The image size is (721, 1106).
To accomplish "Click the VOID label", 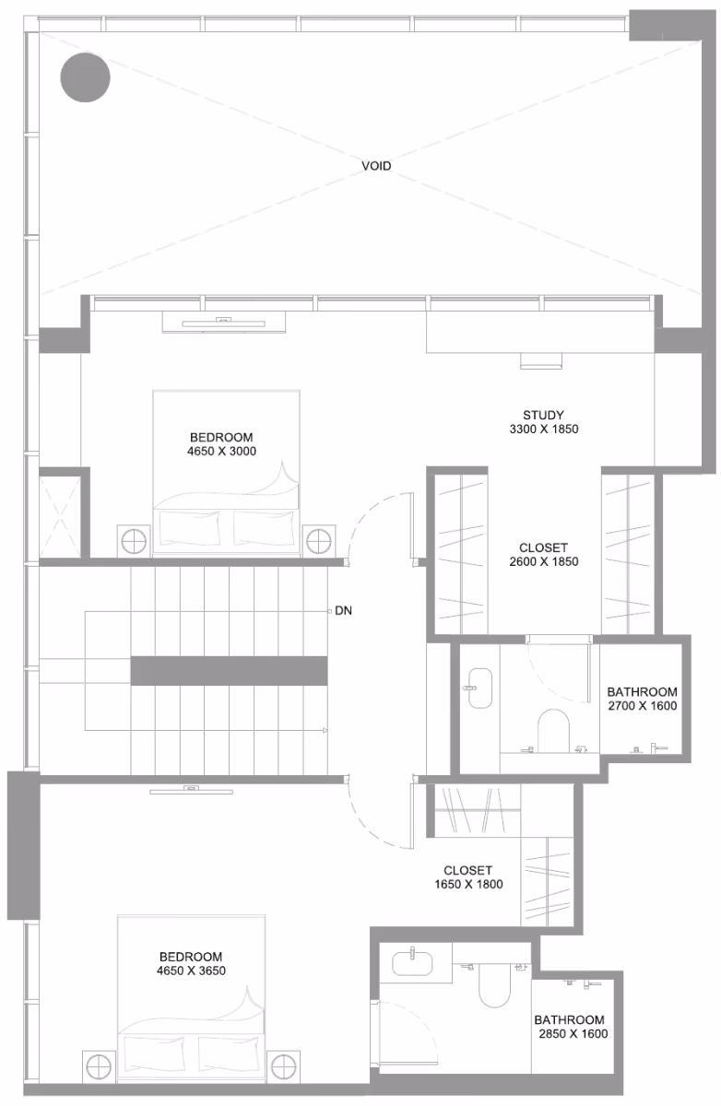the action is click(x=376, y=166).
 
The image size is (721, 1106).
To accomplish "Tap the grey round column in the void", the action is click(x=85, y=77).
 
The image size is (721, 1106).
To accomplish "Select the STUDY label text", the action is click(x=543, y=416).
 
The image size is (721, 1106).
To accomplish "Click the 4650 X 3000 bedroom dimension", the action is click(x=221, y=452).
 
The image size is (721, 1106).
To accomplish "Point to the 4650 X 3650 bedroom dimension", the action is click(x=191, y=971).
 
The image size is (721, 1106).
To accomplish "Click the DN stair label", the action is click(x=343, y=611).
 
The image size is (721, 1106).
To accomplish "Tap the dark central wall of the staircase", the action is click(x=230, y=671).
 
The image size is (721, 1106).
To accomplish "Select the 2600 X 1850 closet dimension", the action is click(x=544, y=562).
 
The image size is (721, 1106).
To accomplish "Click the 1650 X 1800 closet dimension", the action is click(x=468, y=884).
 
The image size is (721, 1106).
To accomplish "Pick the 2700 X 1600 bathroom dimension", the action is click(x=643, y=706).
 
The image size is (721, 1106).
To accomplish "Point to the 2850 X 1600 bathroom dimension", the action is click(x=573, y=1034).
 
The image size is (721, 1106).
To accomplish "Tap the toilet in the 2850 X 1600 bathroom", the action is click(x=494, y=985).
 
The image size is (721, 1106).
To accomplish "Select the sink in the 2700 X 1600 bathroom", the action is click(x=480, y=688).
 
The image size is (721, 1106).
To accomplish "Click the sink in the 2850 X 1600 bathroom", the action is click(x=412, y=963).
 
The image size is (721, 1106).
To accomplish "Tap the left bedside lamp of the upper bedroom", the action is click(x=134, y=542).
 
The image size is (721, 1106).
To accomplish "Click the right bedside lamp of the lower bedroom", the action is click(x=284, y=1067).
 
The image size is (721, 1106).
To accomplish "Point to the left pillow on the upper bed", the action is click(x=189, y=528).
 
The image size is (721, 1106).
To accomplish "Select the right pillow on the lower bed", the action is click(x=228, y=1053).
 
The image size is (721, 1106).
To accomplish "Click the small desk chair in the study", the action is click(x=541, y=361).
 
